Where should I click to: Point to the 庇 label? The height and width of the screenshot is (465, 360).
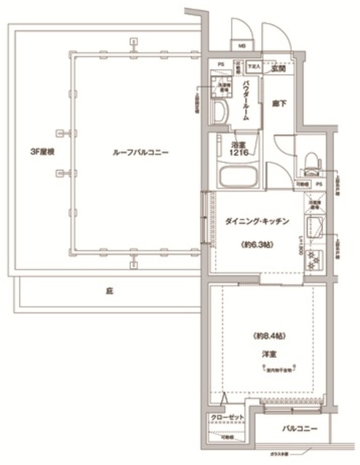[109, 291]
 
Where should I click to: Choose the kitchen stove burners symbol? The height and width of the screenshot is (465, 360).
[316, 259]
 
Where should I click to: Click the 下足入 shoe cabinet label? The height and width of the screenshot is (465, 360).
[253, 67]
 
